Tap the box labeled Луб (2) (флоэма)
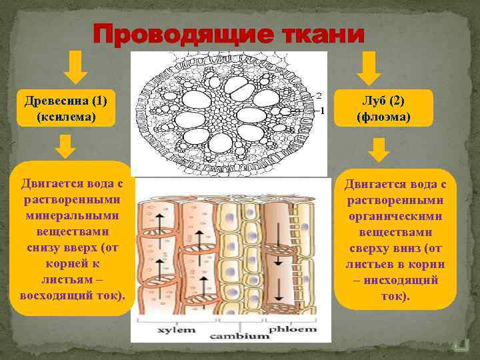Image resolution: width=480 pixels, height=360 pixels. (384, 108)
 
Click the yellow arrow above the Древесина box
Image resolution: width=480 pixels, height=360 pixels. (76, 67)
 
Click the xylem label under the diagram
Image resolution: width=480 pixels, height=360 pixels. (176, 329)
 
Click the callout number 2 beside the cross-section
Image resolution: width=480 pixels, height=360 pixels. (319, 95)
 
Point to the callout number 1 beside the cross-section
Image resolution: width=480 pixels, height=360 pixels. (323, 110)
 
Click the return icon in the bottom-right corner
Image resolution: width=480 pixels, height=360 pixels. (459, 345)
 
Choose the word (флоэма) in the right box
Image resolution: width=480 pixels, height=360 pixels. (384, 117)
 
